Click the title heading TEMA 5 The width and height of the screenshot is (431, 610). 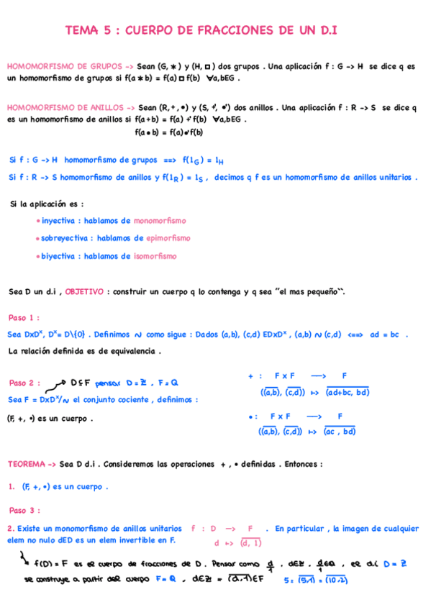[201, 30]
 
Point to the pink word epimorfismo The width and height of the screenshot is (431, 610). [168, 238]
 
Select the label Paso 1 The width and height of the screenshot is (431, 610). [24, 317]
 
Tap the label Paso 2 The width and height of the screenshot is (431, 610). [24, 383]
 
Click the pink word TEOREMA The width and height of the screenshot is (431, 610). [27, 465]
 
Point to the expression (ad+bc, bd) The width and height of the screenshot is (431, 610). [348, 393]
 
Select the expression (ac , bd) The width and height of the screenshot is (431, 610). [340, 432]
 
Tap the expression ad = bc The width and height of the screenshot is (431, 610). [389, 334]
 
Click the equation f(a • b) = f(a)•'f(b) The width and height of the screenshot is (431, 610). [169, 132]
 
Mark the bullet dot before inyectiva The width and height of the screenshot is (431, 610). [37, 222]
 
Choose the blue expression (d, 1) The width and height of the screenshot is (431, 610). [251, 543]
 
